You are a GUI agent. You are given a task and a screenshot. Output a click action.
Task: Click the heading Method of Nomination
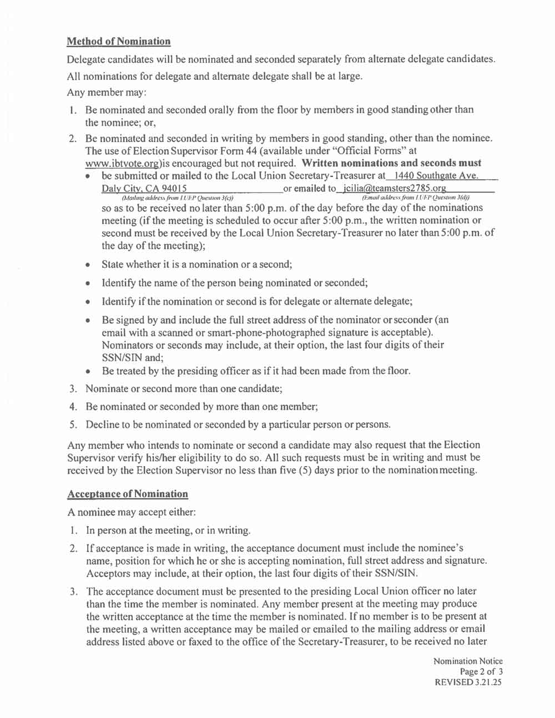pyautogui.click(x=118, y=42)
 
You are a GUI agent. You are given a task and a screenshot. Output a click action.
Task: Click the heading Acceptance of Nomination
pyautogui.click(x=127, y=494)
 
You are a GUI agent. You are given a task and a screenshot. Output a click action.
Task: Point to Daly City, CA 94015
pyautogui.click(x=144, y=189)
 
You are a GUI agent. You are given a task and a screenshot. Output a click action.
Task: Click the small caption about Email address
pyautogui.click(x=415, y=198)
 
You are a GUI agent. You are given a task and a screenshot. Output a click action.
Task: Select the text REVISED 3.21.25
pyautogui.click(x=469, y=682)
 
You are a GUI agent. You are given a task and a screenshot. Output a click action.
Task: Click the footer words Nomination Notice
pyautogui.click(x=468, y=661)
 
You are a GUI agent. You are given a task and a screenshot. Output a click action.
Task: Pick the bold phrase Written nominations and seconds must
pyautogui.click(x=391, y=163)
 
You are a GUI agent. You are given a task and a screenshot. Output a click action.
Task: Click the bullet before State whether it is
pyautogui.click(x=88, y=265)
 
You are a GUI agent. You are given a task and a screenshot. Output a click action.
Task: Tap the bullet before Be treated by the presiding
pyautogui.click(x=88, y=371)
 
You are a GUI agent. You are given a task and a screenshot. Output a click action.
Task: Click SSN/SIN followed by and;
pyautogui.click(x=122, y=358)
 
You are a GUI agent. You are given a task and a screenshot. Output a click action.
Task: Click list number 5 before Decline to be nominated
pyautogui.click(x=73, y=424)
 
